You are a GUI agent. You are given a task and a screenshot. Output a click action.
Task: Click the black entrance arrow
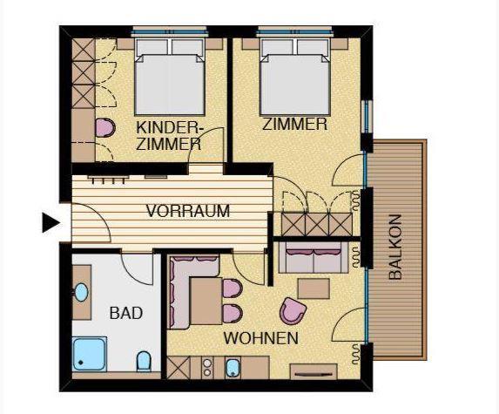[51, 222]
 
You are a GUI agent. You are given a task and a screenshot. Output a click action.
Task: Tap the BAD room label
[126, 313]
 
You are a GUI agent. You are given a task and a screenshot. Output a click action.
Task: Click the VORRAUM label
[188, 211]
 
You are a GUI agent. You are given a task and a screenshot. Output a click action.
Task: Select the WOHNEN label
[261, 338]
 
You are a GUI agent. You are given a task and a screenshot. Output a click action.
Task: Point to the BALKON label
[395, 248]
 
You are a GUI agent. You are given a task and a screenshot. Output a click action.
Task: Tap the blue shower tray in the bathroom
[90, 355]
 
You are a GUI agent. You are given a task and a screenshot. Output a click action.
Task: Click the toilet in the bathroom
[144, 362]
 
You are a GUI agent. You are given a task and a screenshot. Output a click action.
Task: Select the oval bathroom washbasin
[81, 292]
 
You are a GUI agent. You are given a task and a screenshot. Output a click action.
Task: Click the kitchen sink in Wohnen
[233, 368]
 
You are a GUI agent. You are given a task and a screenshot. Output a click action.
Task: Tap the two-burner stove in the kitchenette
[207, 368]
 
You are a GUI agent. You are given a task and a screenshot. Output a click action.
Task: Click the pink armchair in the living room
[292, 311]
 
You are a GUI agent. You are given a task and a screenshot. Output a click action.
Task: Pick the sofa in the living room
[314, 257]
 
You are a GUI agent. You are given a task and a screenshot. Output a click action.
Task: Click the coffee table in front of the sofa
[314, 288]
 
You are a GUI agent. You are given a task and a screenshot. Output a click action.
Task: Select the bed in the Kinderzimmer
[169, 77]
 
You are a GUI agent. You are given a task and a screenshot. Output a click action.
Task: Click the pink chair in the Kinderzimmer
[105, 128]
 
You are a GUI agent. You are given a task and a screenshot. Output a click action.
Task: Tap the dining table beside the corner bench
[206, 301]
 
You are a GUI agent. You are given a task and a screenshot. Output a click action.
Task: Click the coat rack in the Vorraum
[108, 179]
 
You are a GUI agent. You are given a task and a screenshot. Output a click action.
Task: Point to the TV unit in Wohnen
[314, 371]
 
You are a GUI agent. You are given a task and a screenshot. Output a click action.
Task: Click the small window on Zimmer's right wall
[368, 117]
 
